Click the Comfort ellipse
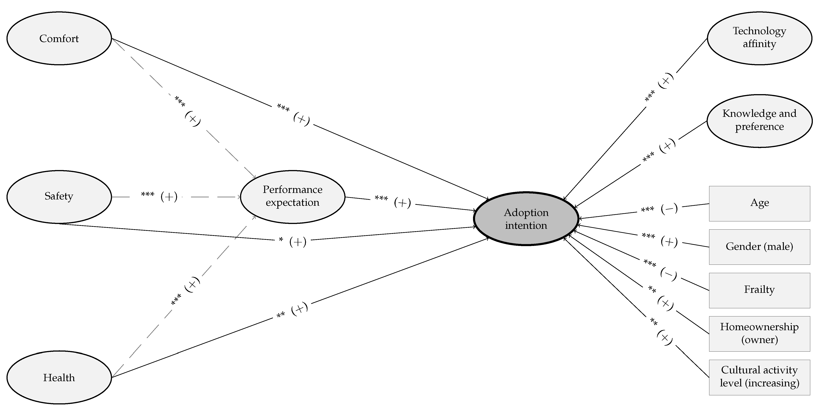[x=59, y=38]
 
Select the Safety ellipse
[x=59, y=197]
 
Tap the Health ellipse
[x=59, y=377]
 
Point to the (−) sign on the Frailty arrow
[x=668, y=274]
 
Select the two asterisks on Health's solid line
[x=281, y=315]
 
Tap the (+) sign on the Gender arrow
[x=669, y=241]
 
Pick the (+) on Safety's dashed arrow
[x=169, y=197]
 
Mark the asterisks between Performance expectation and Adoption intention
[x=381, y=198]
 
